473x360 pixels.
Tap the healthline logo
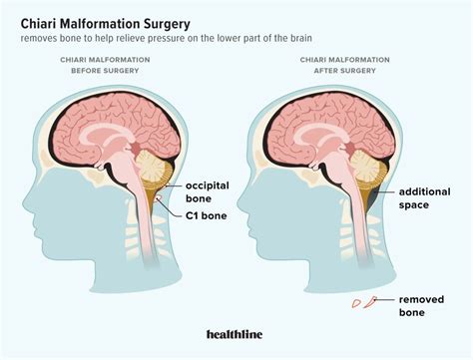click(236, 336)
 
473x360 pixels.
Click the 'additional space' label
click(428, 196)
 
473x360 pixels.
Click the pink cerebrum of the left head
click(110, 125)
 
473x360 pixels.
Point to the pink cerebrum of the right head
click(329, 125)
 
